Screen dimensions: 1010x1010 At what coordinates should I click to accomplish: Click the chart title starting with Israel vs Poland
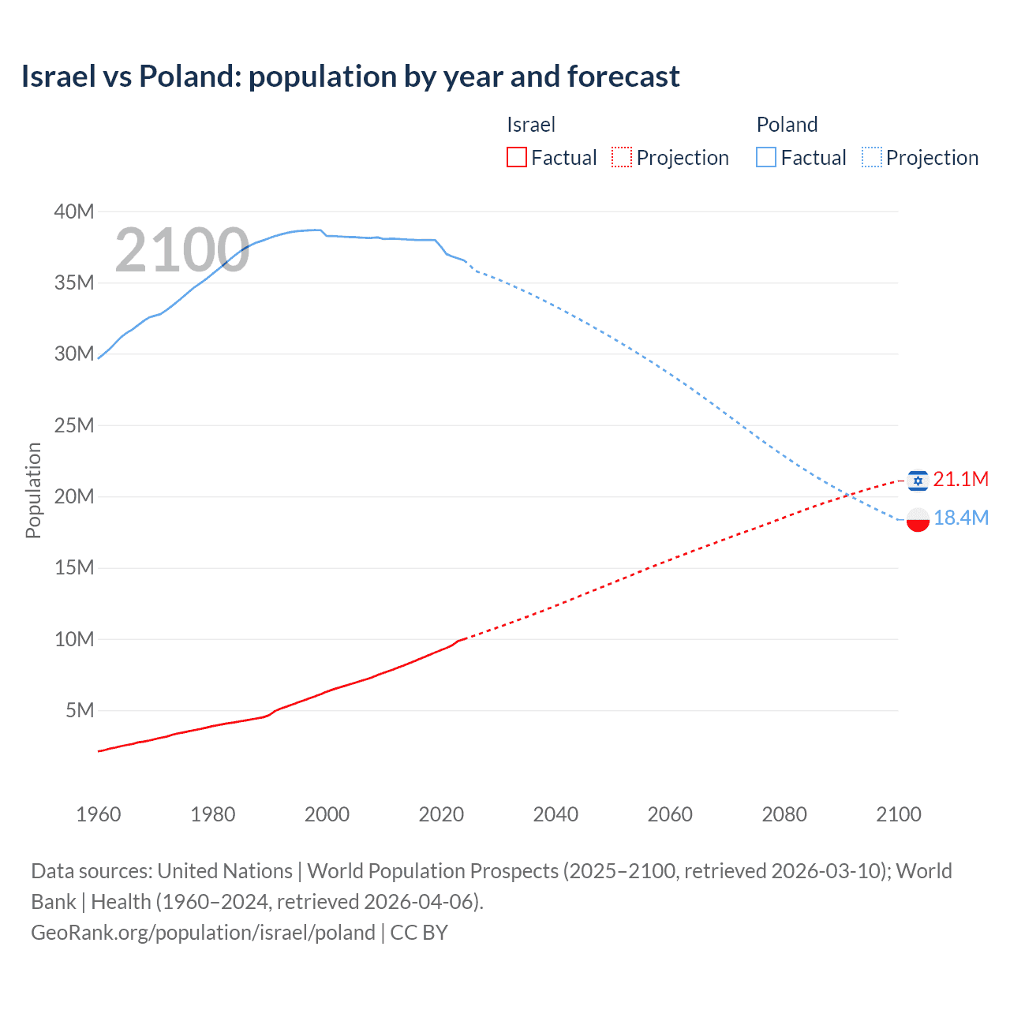(350, 77)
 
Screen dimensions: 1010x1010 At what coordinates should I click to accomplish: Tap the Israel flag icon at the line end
(918, 480)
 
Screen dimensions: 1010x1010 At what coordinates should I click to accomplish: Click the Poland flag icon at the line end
(918, 519)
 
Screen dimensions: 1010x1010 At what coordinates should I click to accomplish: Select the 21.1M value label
(960, 479)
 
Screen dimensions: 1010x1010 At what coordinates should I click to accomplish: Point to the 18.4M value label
(960, 518)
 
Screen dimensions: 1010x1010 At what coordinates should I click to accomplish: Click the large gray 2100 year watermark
(182, 250)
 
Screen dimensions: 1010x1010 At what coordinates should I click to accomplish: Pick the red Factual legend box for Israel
(516, 158)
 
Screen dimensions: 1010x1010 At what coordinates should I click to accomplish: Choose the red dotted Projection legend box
(622, 158)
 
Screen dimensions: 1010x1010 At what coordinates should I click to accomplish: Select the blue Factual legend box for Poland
(765, 158)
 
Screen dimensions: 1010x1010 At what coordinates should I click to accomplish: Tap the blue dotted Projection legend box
(872, 158)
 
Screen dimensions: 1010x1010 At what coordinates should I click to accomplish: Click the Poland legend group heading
(787, 125)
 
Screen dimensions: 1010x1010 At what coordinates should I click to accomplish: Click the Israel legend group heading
(531, 125)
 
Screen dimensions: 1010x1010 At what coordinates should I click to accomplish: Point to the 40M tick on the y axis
(74, 211)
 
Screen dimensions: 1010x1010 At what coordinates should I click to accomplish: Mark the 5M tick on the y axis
(80, 710)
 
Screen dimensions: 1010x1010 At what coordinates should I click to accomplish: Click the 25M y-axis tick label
(74, 425)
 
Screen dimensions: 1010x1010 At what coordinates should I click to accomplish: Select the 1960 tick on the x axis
(99, 814)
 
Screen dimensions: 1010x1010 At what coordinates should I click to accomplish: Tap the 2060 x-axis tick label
(670, 814)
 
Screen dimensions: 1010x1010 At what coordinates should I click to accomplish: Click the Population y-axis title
(33, 490)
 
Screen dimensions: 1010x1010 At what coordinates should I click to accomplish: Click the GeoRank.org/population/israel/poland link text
(203, 933)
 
